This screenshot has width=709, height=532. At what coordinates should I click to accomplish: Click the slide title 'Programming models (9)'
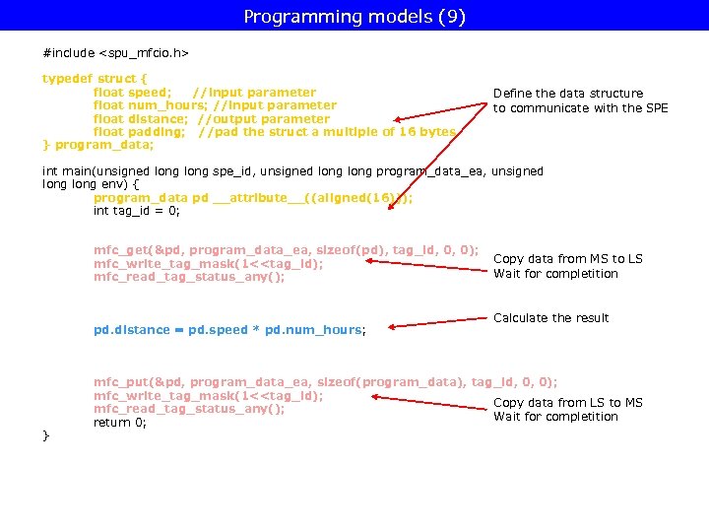click(354, 17)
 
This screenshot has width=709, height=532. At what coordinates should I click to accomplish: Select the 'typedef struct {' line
click(95, 78)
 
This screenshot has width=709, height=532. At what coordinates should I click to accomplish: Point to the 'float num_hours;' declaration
click(149, 105)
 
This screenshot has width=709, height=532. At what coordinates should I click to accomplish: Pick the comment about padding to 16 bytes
click(327, 132)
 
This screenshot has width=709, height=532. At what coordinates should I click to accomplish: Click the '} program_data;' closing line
click(97, 146)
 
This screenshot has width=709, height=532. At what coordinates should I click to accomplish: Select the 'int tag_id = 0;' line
click(136, 211)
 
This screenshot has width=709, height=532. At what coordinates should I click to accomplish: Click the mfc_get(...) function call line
click(286, 250)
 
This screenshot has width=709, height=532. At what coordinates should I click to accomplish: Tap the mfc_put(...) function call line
click(325, 382)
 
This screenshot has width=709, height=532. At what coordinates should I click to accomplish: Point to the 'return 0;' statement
click(119, 423)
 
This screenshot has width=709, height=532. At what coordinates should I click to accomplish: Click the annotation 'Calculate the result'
click(550, 318)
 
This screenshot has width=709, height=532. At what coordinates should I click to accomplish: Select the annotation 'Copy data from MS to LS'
click(567, 259)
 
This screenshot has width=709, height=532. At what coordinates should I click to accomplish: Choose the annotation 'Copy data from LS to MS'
click(567, 402)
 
